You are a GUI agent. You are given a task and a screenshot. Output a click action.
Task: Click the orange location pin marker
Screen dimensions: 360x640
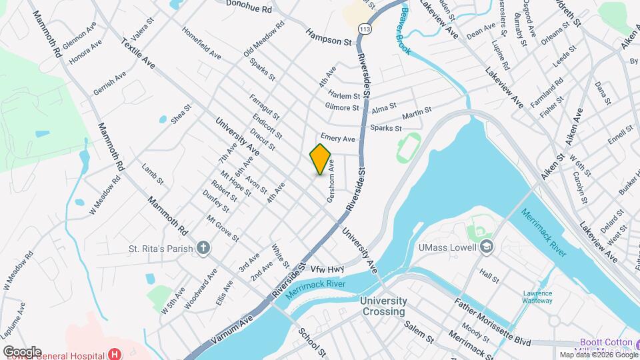[x=321, y=159]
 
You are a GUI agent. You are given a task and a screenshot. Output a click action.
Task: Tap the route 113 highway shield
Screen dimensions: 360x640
[x=365, y=29]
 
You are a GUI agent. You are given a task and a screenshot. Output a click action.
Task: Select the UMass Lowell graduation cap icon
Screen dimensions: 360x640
[x=488, y=247]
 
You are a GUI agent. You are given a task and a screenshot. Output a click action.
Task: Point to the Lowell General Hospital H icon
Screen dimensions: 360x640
[x=116, y=354]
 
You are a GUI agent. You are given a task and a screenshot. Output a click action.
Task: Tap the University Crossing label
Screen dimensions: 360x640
[x=383, y=306]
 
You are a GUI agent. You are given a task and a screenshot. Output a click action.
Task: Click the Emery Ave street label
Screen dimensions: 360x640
[x=337, y=137]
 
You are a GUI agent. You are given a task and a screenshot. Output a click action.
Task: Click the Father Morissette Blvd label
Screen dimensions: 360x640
[x=493, y=323]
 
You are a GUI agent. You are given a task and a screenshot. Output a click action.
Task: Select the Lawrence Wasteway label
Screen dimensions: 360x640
[x=537, y=297]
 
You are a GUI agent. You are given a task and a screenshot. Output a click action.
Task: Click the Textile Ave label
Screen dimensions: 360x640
[x=139, y=54]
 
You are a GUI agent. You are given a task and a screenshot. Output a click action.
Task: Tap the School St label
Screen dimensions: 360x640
[x=312, y=343]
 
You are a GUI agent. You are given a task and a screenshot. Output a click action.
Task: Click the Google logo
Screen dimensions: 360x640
[x=23, y=351]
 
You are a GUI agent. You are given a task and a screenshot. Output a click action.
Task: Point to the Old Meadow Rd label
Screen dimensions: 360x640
[x=264, y=38]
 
